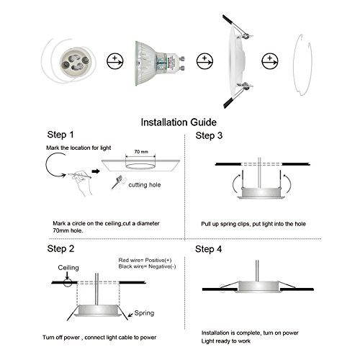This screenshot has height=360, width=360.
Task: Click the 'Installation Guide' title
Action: point(180,122)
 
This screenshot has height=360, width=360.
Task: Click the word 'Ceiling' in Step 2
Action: point(68,266)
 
